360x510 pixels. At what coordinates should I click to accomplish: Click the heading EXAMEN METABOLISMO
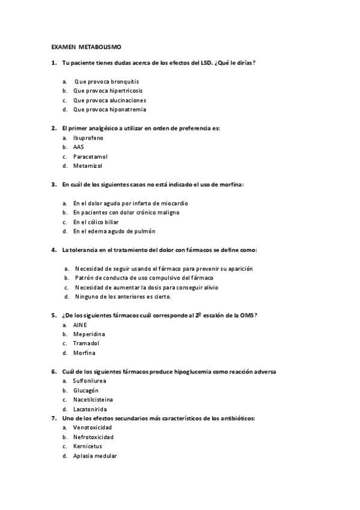click(87, 46)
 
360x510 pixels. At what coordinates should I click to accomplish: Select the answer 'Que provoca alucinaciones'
click(109, 100)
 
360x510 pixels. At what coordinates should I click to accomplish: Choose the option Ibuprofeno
click(88, 138)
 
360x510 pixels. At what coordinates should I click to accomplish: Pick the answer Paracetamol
click(90, 156)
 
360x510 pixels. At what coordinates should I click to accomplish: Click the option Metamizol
click(87, 165)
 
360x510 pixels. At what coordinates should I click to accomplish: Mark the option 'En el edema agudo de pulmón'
click(114, 232)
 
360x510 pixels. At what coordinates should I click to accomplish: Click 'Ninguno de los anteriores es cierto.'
click(123, 296)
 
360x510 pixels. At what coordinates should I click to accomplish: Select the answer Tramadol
click(86, 343)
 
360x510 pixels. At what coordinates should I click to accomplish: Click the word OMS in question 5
click(249, 315)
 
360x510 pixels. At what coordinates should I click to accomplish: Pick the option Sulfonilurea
click(90, 381)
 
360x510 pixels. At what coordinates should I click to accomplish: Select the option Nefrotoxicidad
click(93, 437)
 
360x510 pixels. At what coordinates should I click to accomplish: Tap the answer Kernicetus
click(87, 446)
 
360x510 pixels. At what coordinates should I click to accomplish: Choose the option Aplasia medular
click(94, 456)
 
